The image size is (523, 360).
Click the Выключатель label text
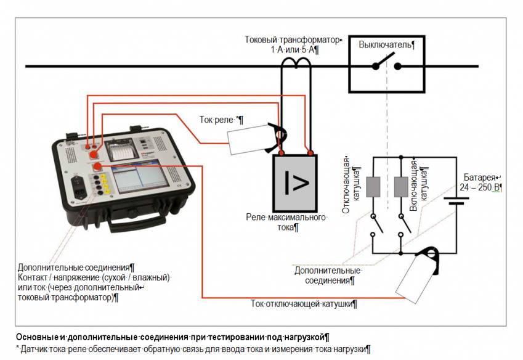[x=386, y=44]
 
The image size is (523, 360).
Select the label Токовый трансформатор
[x=292, y=40]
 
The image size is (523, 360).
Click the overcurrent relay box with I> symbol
[x=295, y=182]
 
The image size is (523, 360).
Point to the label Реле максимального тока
[x=295, y=223]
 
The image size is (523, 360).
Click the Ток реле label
[x=221, y=119]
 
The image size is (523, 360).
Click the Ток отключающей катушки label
[x=304, y=304]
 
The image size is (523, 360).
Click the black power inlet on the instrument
[x=80, y=185]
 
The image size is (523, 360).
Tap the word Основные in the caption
[x=38, y=337]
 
